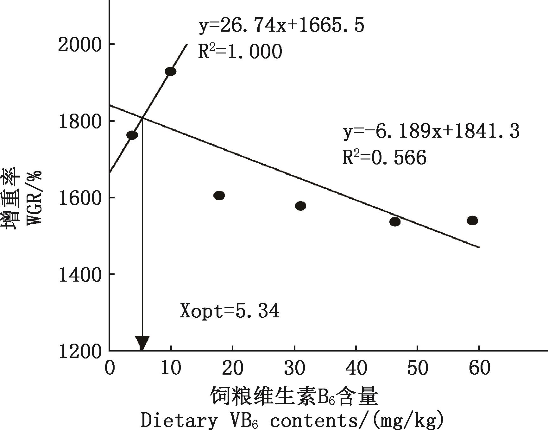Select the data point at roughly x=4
tap(132, 135)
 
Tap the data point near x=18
tap(219, 196)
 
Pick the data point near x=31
tap(300, 206)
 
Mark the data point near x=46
tap(395, 222)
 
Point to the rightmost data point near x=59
tap(472, 221)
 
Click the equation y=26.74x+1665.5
tap(281, 26)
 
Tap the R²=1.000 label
tap(240, 52)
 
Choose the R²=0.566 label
tap(384, 157)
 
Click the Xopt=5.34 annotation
tap(230, 311)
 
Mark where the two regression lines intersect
tap(143, 118)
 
